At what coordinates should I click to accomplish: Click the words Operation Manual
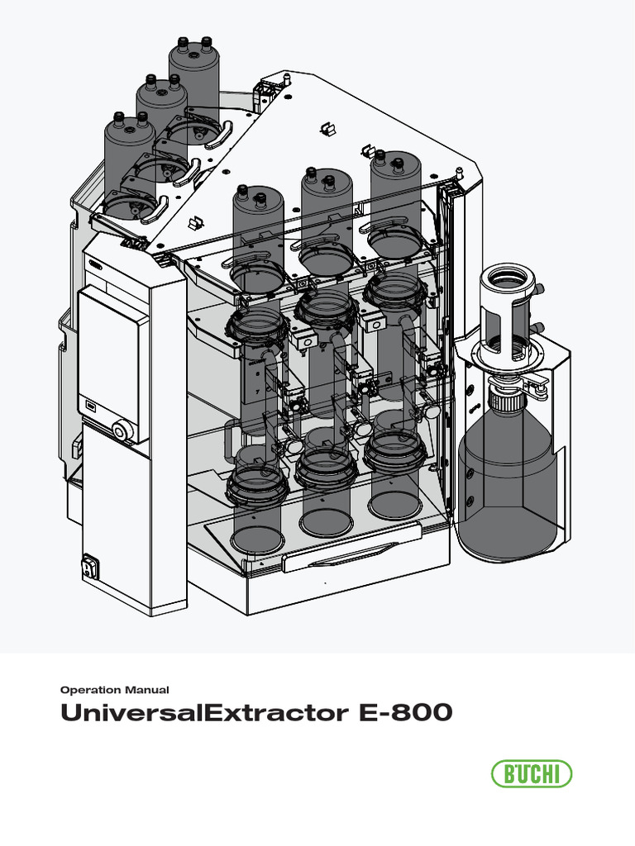tap(116, 689)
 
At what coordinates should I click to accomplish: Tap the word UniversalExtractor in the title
tap(195, 713)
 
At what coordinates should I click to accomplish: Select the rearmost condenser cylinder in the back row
tap(193, 74)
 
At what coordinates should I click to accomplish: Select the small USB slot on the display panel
tap(92, 405)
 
